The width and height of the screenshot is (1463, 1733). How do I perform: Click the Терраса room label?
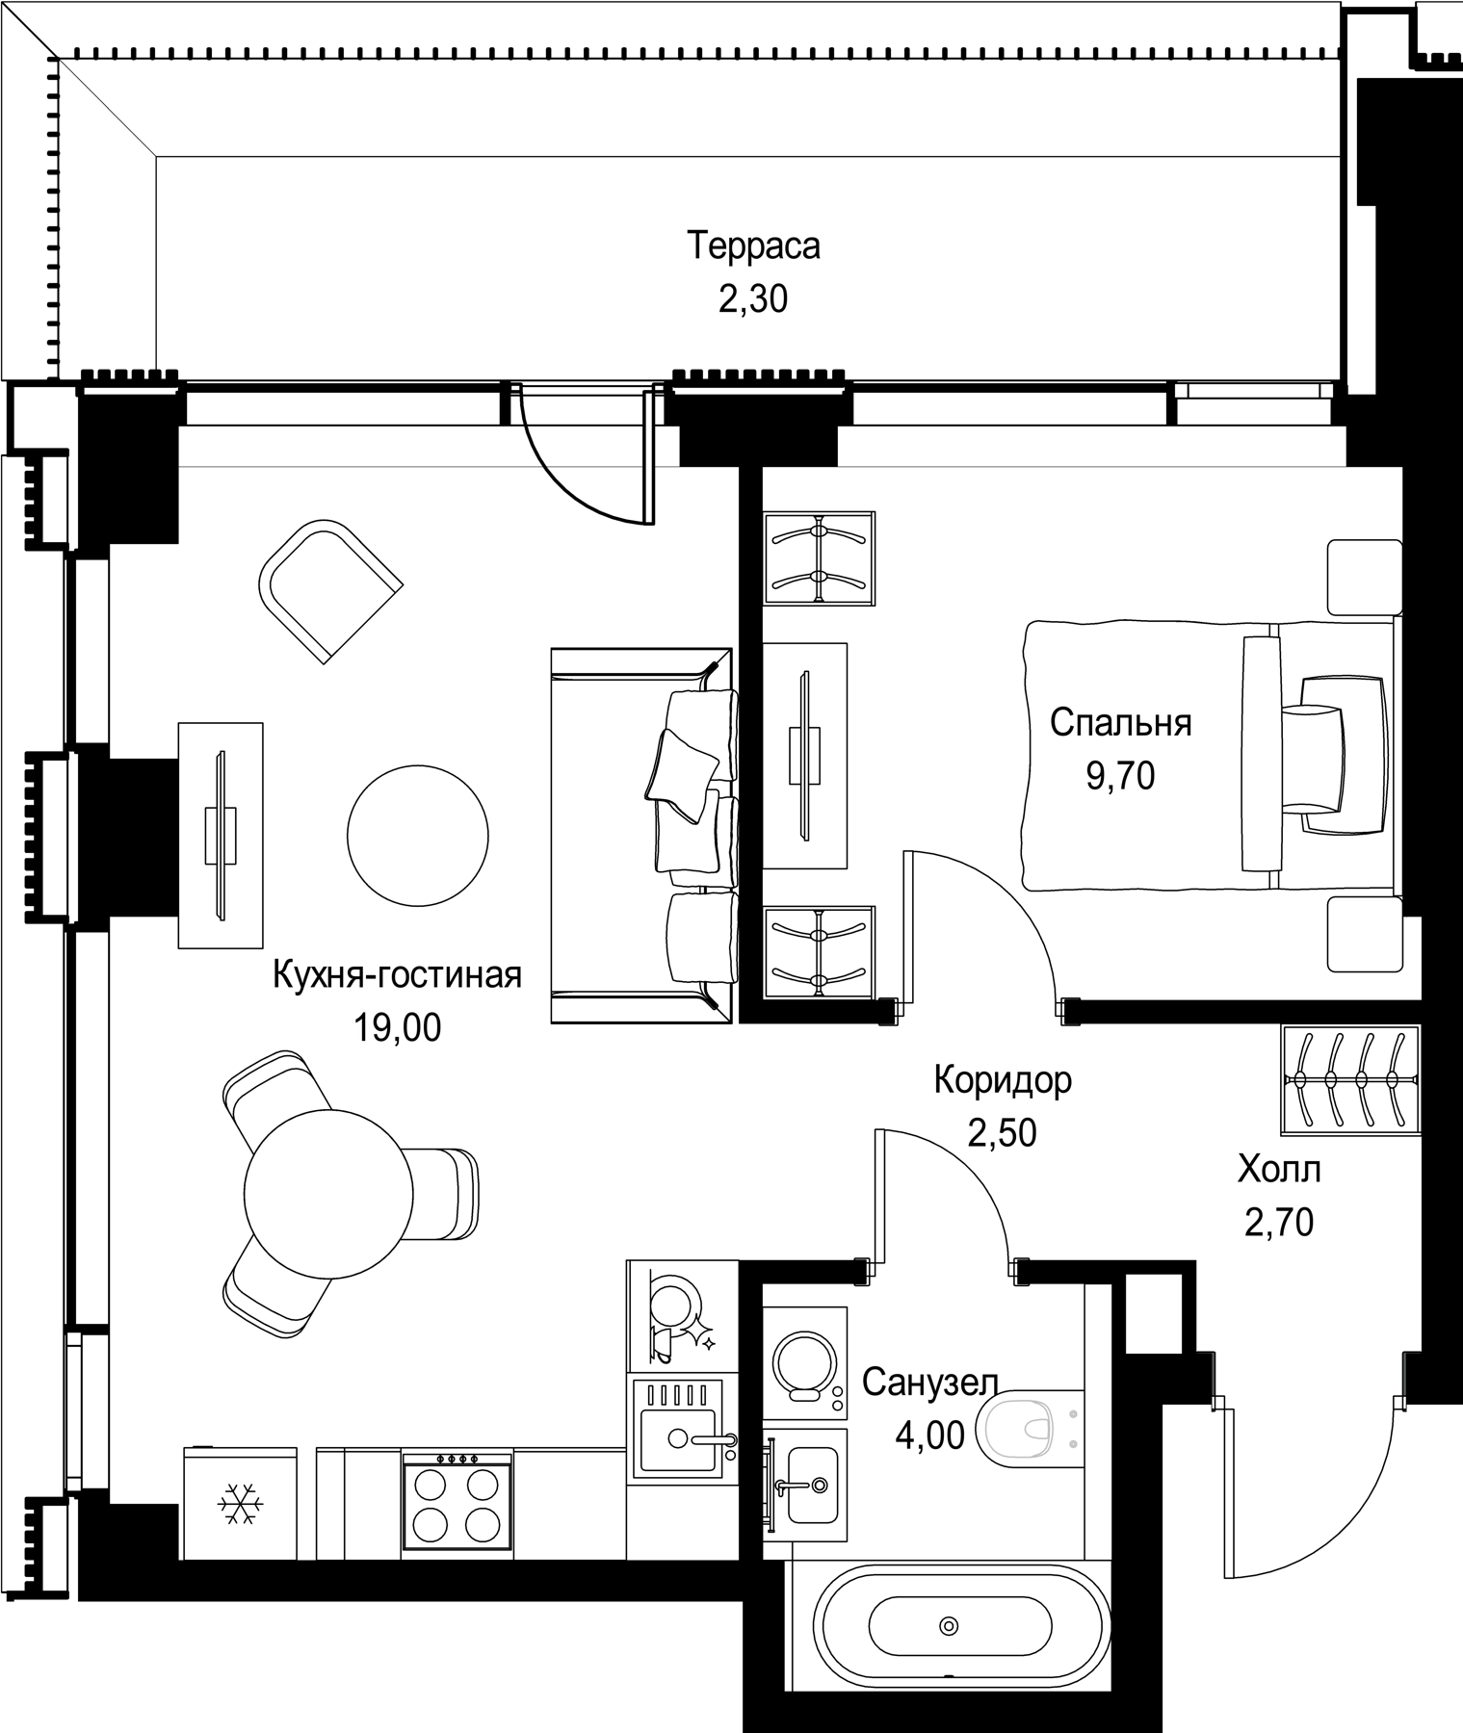(x=753, y=246)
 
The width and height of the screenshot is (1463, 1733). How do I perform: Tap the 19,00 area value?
(x=397, y=1028)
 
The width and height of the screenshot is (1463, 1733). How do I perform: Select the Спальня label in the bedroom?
(x=1121, y=722)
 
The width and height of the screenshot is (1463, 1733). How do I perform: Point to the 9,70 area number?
(x=1120, y=775)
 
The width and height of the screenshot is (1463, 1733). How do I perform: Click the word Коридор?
(x=1003, y=1080)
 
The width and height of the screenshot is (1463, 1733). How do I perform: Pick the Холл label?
(x=1279, y=1170)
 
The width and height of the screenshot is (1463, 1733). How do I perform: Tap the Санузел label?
(x=929, y=1383)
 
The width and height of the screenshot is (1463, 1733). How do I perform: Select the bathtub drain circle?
(x=950, y=1626)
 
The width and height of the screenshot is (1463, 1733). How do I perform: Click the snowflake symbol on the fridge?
(x=238, y=1504)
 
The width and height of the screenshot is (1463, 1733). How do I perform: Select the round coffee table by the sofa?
(x=418, y=835)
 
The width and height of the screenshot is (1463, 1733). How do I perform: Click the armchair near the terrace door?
(x=329, y=590)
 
